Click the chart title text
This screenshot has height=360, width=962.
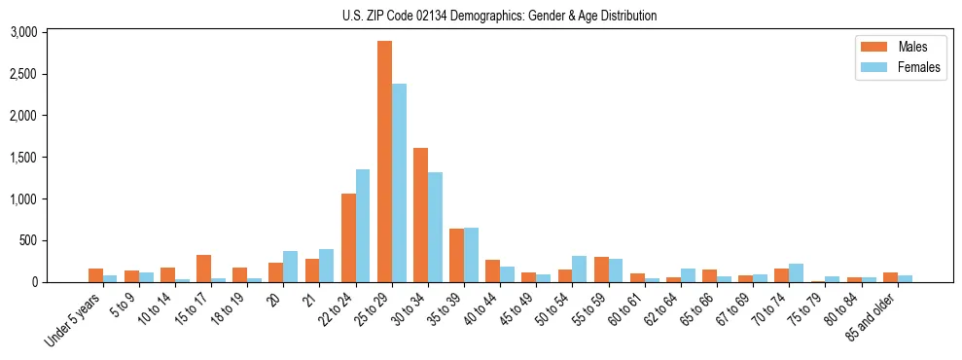(x=499, y=16)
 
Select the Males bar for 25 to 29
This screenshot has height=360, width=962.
(x=384, y=162)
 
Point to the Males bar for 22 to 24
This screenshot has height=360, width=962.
(x=348, y=238)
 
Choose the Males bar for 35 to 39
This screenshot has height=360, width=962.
(x=456, y=256)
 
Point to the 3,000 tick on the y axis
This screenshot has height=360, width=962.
(x=23, y=32)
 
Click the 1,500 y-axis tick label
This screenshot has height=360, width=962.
(x=23, y=158)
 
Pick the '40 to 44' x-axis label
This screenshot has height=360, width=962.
(x=484, y=308)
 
